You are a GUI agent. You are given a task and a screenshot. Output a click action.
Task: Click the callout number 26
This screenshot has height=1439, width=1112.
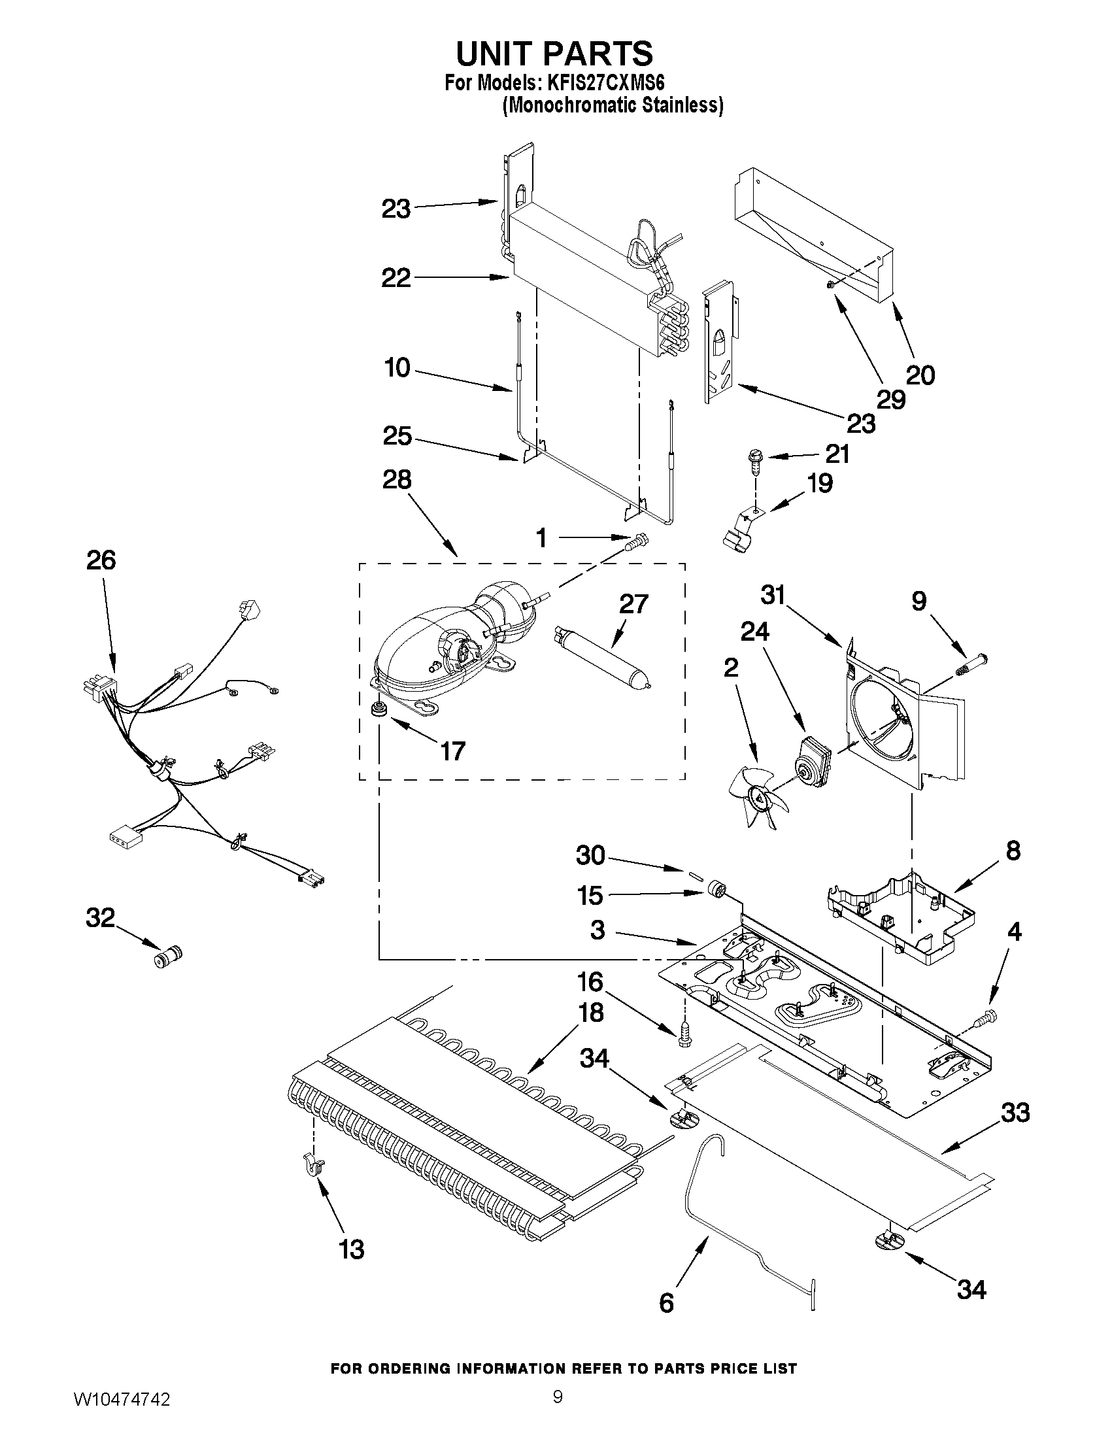[101, 561]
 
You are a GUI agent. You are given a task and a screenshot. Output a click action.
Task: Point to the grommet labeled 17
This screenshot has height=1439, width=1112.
[379, 710]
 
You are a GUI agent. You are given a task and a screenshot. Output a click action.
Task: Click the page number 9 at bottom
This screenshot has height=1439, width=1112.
[558, 1411]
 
